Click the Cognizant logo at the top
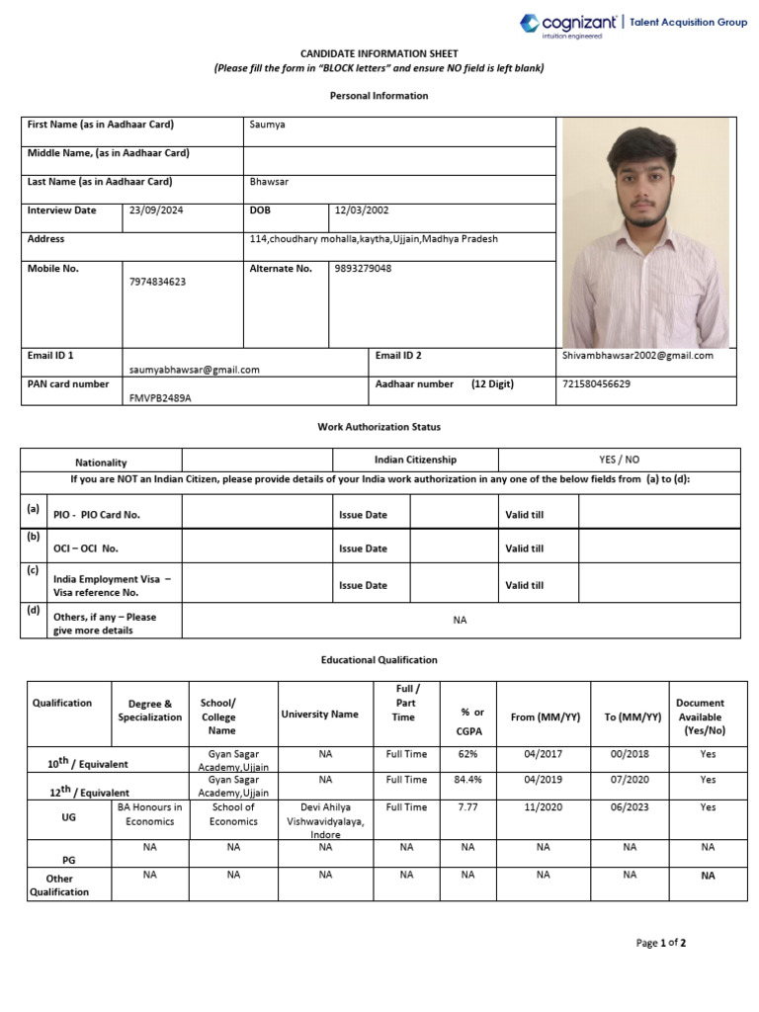pos(560,24)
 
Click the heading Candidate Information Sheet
pos(379,53)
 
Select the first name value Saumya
pos(268,125)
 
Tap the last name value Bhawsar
pos(270,182)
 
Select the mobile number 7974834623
pos(157,282)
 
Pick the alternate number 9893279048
pos(363,268)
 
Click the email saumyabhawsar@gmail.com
pos(194,370)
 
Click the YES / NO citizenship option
pos(619,460)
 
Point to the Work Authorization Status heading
pos(379,427)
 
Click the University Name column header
pos(319,714)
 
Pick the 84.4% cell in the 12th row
pos(467,780)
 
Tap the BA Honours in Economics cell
pos(150,814)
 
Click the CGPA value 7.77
pos(467,807)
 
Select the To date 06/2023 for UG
pos(630,807)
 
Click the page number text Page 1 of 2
pos(660,943)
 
